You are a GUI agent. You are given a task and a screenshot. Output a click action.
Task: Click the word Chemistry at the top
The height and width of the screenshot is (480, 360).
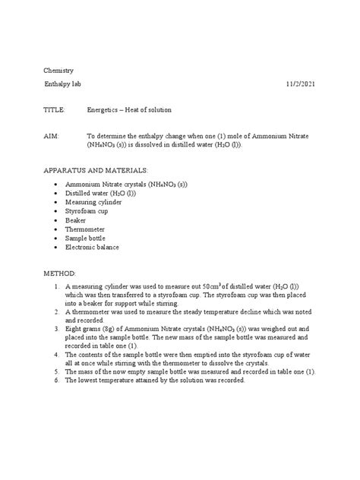pyautogui.click(x=60, y=70)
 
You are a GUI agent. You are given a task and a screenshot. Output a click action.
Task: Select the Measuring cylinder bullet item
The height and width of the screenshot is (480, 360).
pyautogui.click(x=95, y=204)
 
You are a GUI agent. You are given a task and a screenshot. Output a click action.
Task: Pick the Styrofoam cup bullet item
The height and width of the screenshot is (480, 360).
pyautogui.click(x=87, y=215)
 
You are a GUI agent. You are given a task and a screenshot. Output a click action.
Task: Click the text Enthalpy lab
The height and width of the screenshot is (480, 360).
pyautogui.click(x=67, y=83)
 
